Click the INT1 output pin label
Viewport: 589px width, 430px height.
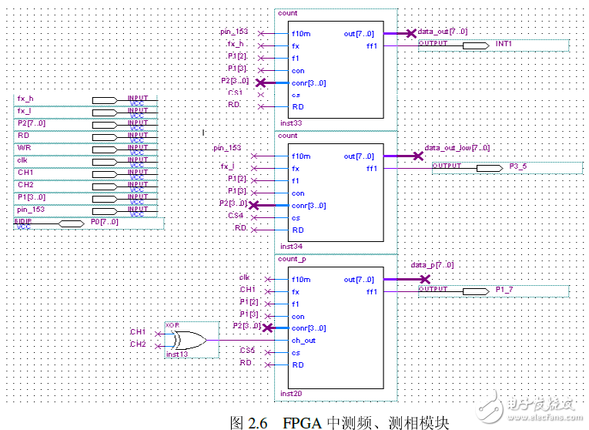[504, 45]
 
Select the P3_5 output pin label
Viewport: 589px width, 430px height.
[519, 166]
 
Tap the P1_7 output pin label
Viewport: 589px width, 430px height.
[504, 290]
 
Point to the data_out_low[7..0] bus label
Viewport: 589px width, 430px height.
[457, 148]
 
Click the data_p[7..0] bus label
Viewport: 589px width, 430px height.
[432, 265]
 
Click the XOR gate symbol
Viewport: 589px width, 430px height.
[187, 339]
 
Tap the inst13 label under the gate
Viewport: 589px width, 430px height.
[177, 354]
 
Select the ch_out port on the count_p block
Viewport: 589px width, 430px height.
[303, 341]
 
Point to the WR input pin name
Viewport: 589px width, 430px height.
[24, 148]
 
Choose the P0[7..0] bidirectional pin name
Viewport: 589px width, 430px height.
[105, 222]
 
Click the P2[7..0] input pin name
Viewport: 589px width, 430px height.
[31, 123]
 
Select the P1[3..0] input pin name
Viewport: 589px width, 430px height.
[31, 197]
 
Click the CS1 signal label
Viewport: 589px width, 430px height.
[234, 92]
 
